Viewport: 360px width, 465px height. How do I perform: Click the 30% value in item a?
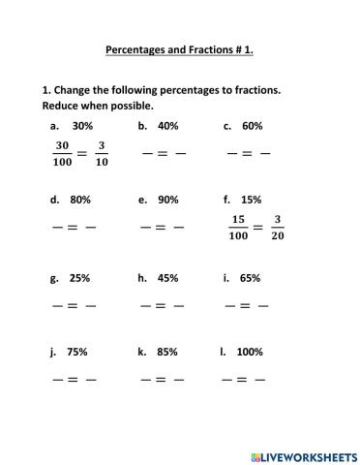[x=82, y=126]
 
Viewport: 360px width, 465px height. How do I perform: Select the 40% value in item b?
[x=167, y=126]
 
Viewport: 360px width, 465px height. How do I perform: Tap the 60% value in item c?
[x=252, y=126]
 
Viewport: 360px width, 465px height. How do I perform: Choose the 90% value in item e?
[x=167, y=200]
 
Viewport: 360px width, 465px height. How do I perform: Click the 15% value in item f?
[x=252, y=200]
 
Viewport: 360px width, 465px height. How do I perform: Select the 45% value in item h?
[x=167, y=278]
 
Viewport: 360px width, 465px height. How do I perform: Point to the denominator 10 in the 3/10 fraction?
[x=103, y=162]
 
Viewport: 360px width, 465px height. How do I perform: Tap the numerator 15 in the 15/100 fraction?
[x=237, y=220]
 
